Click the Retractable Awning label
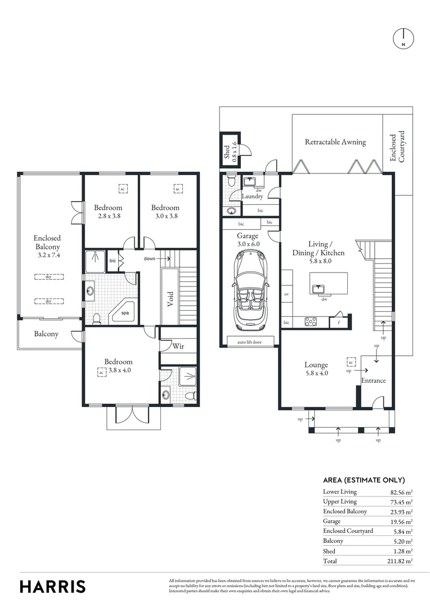coord(335,142)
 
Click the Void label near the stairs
coord(170,297)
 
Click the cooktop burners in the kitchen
coord(310,322)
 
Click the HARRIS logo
coord(53,586)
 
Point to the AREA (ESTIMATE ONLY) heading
coord(364,480)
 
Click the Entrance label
coord(373,381)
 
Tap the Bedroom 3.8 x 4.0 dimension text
coord(119,370)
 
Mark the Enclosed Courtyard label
coord(397,147)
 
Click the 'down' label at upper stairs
coord(150,258)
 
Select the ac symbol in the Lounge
coord(351,361)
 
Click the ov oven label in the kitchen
coord(286,294)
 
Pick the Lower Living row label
coord(339,491)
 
